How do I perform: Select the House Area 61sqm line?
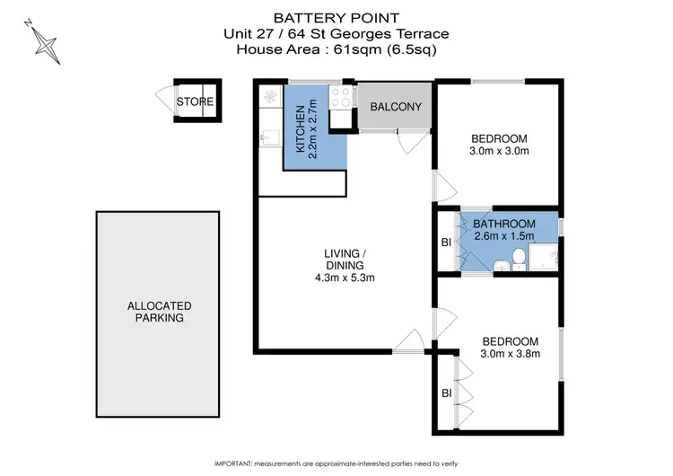click(x=336, y=49)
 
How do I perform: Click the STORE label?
click(x=195, y=101)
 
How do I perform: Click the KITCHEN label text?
click(x=301, y=131)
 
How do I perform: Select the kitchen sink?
click(x=267, y=138)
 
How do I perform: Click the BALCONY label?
click(x=395, y=107)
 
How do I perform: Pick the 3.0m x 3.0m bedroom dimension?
click(x=500, y=151)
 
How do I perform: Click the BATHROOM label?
click(x=504, y=224)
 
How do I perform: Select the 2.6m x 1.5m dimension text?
click(x=504, y=236)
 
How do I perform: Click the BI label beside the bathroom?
click(x=446, y=242)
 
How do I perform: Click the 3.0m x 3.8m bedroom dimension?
click(x=510, y=354)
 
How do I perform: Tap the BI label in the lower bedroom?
click(x=446, y=392)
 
